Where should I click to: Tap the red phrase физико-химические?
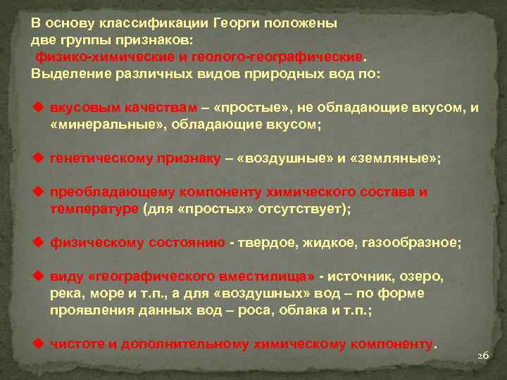[94, 56]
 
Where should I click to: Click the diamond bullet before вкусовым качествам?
[39, 108]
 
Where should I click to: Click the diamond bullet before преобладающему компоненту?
[39, 192]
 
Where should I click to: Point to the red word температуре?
[94, 209]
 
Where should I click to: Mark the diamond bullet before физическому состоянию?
[39, 243]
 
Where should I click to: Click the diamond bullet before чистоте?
[39, 343]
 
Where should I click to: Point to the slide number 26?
[482, 356]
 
